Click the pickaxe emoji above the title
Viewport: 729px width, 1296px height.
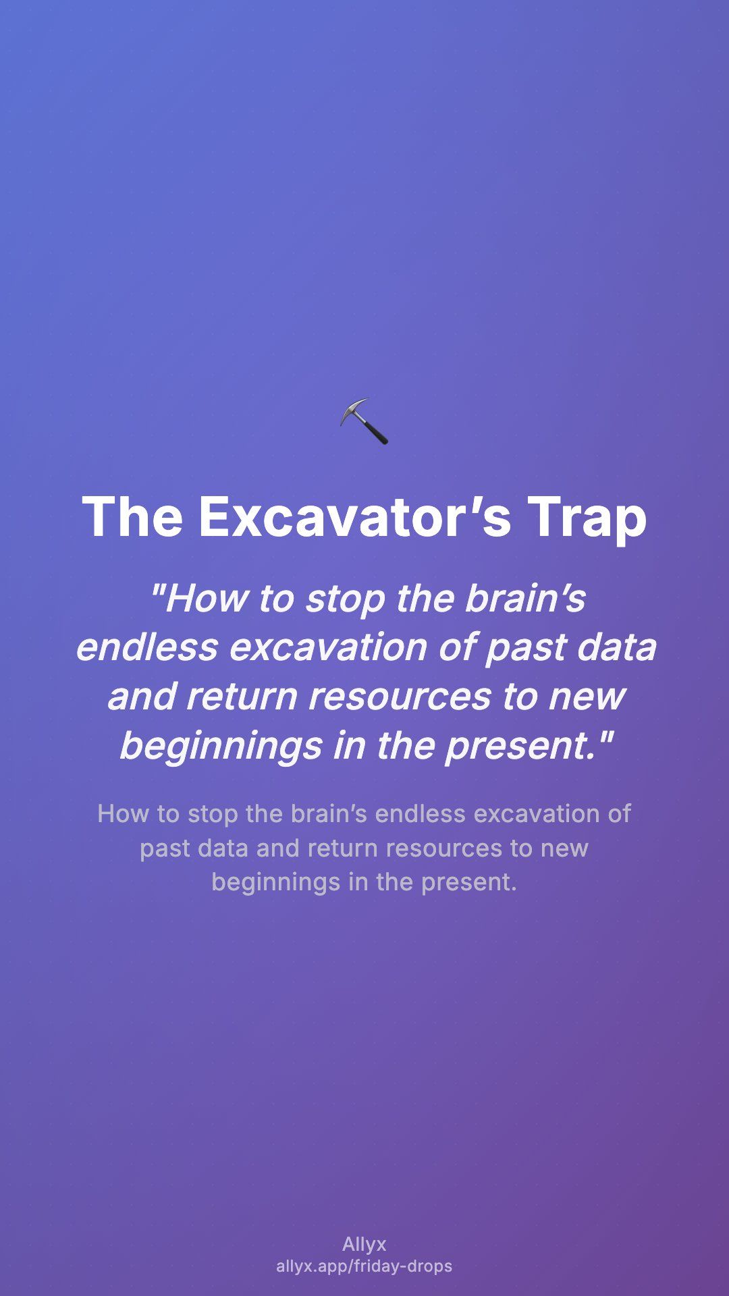(x=364, y=421)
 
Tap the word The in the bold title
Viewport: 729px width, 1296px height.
(x=132, y=517)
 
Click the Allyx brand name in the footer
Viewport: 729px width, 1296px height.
(x=364, y=1245)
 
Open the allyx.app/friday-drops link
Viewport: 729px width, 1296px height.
(x=364, y=1266)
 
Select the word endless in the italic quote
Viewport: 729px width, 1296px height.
(x=148, y=647)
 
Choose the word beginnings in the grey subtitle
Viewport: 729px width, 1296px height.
(x=276, y=882)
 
